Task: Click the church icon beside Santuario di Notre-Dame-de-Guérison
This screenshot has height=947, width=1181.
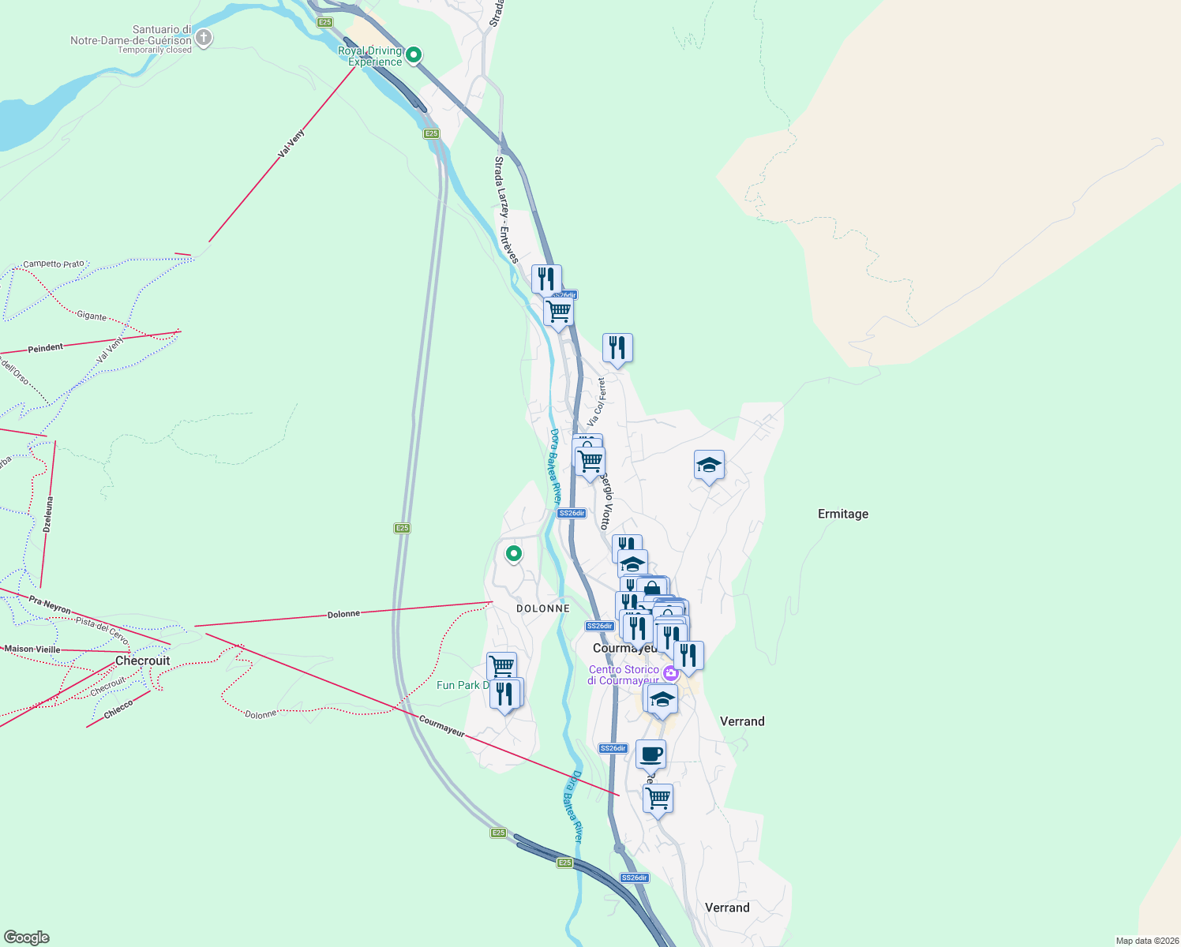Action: (x=204, y=37)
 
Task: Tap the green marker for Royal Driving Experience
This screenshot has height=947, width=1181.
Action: (x=413, y=54)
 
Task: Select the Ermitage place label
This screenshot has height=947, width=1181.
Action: (x=842, y=514)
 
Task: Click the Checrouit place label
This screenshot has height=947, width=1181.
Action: (x=142, y=661)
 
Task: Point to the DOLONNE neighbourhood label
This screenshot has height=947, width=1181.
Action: (x=542, y=608)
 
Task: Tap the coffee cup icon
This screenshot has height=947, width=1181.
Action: (x=650, y=754)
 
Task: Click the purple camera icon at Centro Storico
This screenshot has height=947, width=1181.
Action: (x=670, y=673)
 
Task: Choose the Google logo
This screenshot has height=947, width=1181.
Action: (x=27, y=937)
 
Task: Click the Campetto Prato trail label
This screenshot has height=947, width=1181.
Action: (x=53, y=264)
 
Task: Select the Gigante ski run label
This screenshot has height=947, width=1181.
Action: (x=92, y=316)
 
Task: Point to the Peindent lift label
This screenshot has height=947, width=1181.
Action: (x=45, y=348)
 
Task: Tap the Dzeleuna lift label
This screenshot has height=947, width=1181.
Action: (x=48, y=514)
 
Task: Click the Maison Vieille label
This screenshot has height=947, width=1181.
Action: (x=32, y=649)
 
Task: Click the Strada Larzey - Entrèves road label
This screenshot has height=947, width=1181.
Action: (x=505, y=209)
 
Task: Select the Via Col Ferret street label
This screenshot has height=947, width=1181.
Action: (x=597, y=402)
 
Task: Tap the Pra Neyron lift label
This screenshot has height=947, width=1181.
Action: (x=50, y=605)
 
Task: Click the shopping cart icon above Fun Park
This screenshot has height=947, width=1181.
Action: (x=501, y=666)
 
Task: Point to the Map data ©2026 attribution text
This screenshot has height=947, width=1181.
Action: (x=1146, y=941)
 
